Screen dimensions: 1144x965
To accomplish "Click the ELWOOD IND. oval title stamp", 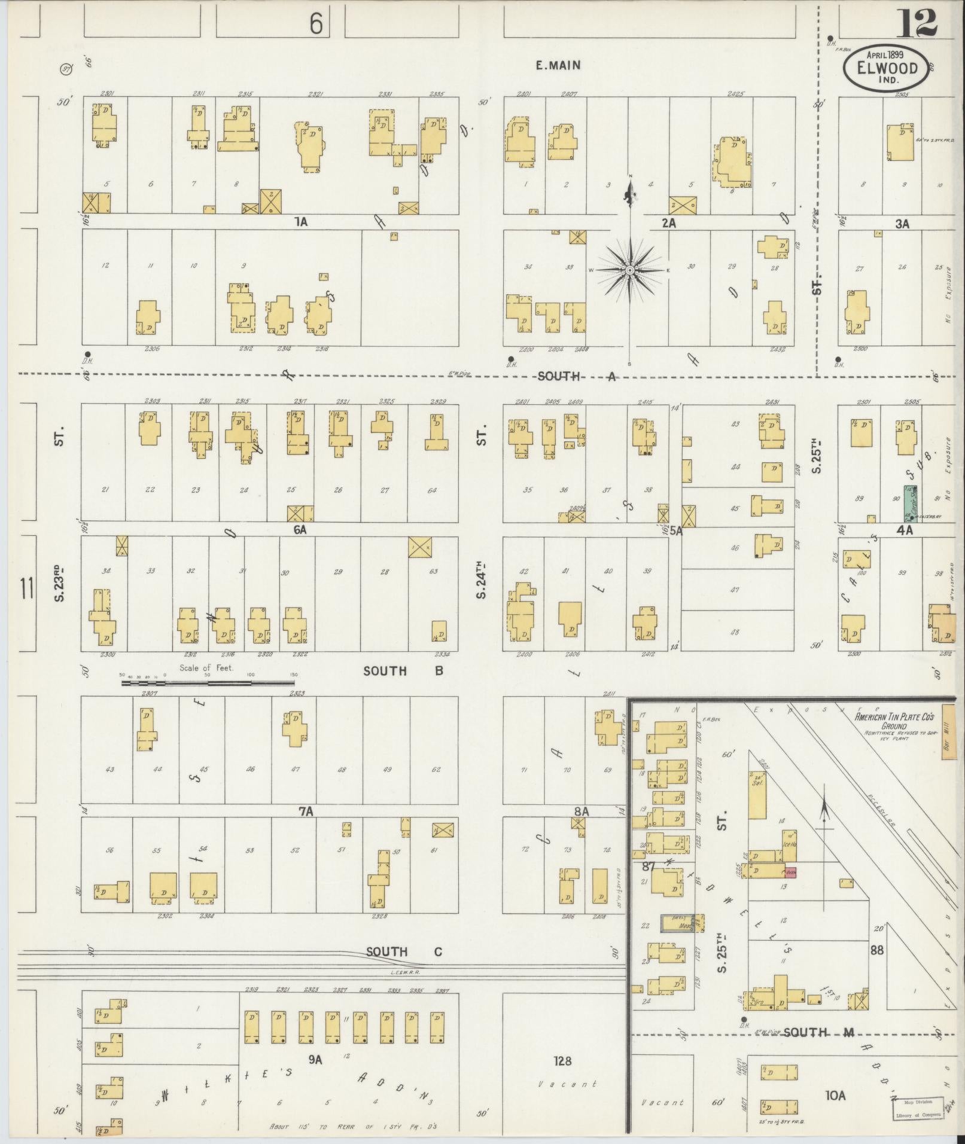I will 886,68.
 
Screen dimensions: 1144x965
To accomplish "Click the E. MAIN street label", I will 558,65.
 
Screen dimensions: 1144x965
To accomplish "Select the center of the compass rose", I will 630,271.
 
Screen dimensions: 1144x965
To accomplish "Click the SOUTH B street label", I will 403,671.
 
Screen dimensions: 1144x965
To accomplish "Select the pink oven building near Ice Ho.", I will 790,873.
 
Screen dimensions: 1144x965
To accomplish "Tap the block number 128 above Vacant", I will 562,1061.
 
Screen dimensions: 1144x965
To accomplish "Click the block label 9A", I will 315,1060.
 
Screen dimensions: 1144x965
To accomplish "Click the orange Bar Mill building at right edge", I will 948,732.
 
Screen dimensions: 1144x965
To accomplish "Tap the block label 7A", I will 306,812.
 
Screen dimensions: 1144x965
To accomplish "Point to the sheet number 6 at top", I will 316,25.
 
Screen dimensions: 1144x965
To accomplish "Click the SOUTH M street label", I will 806,1032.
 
